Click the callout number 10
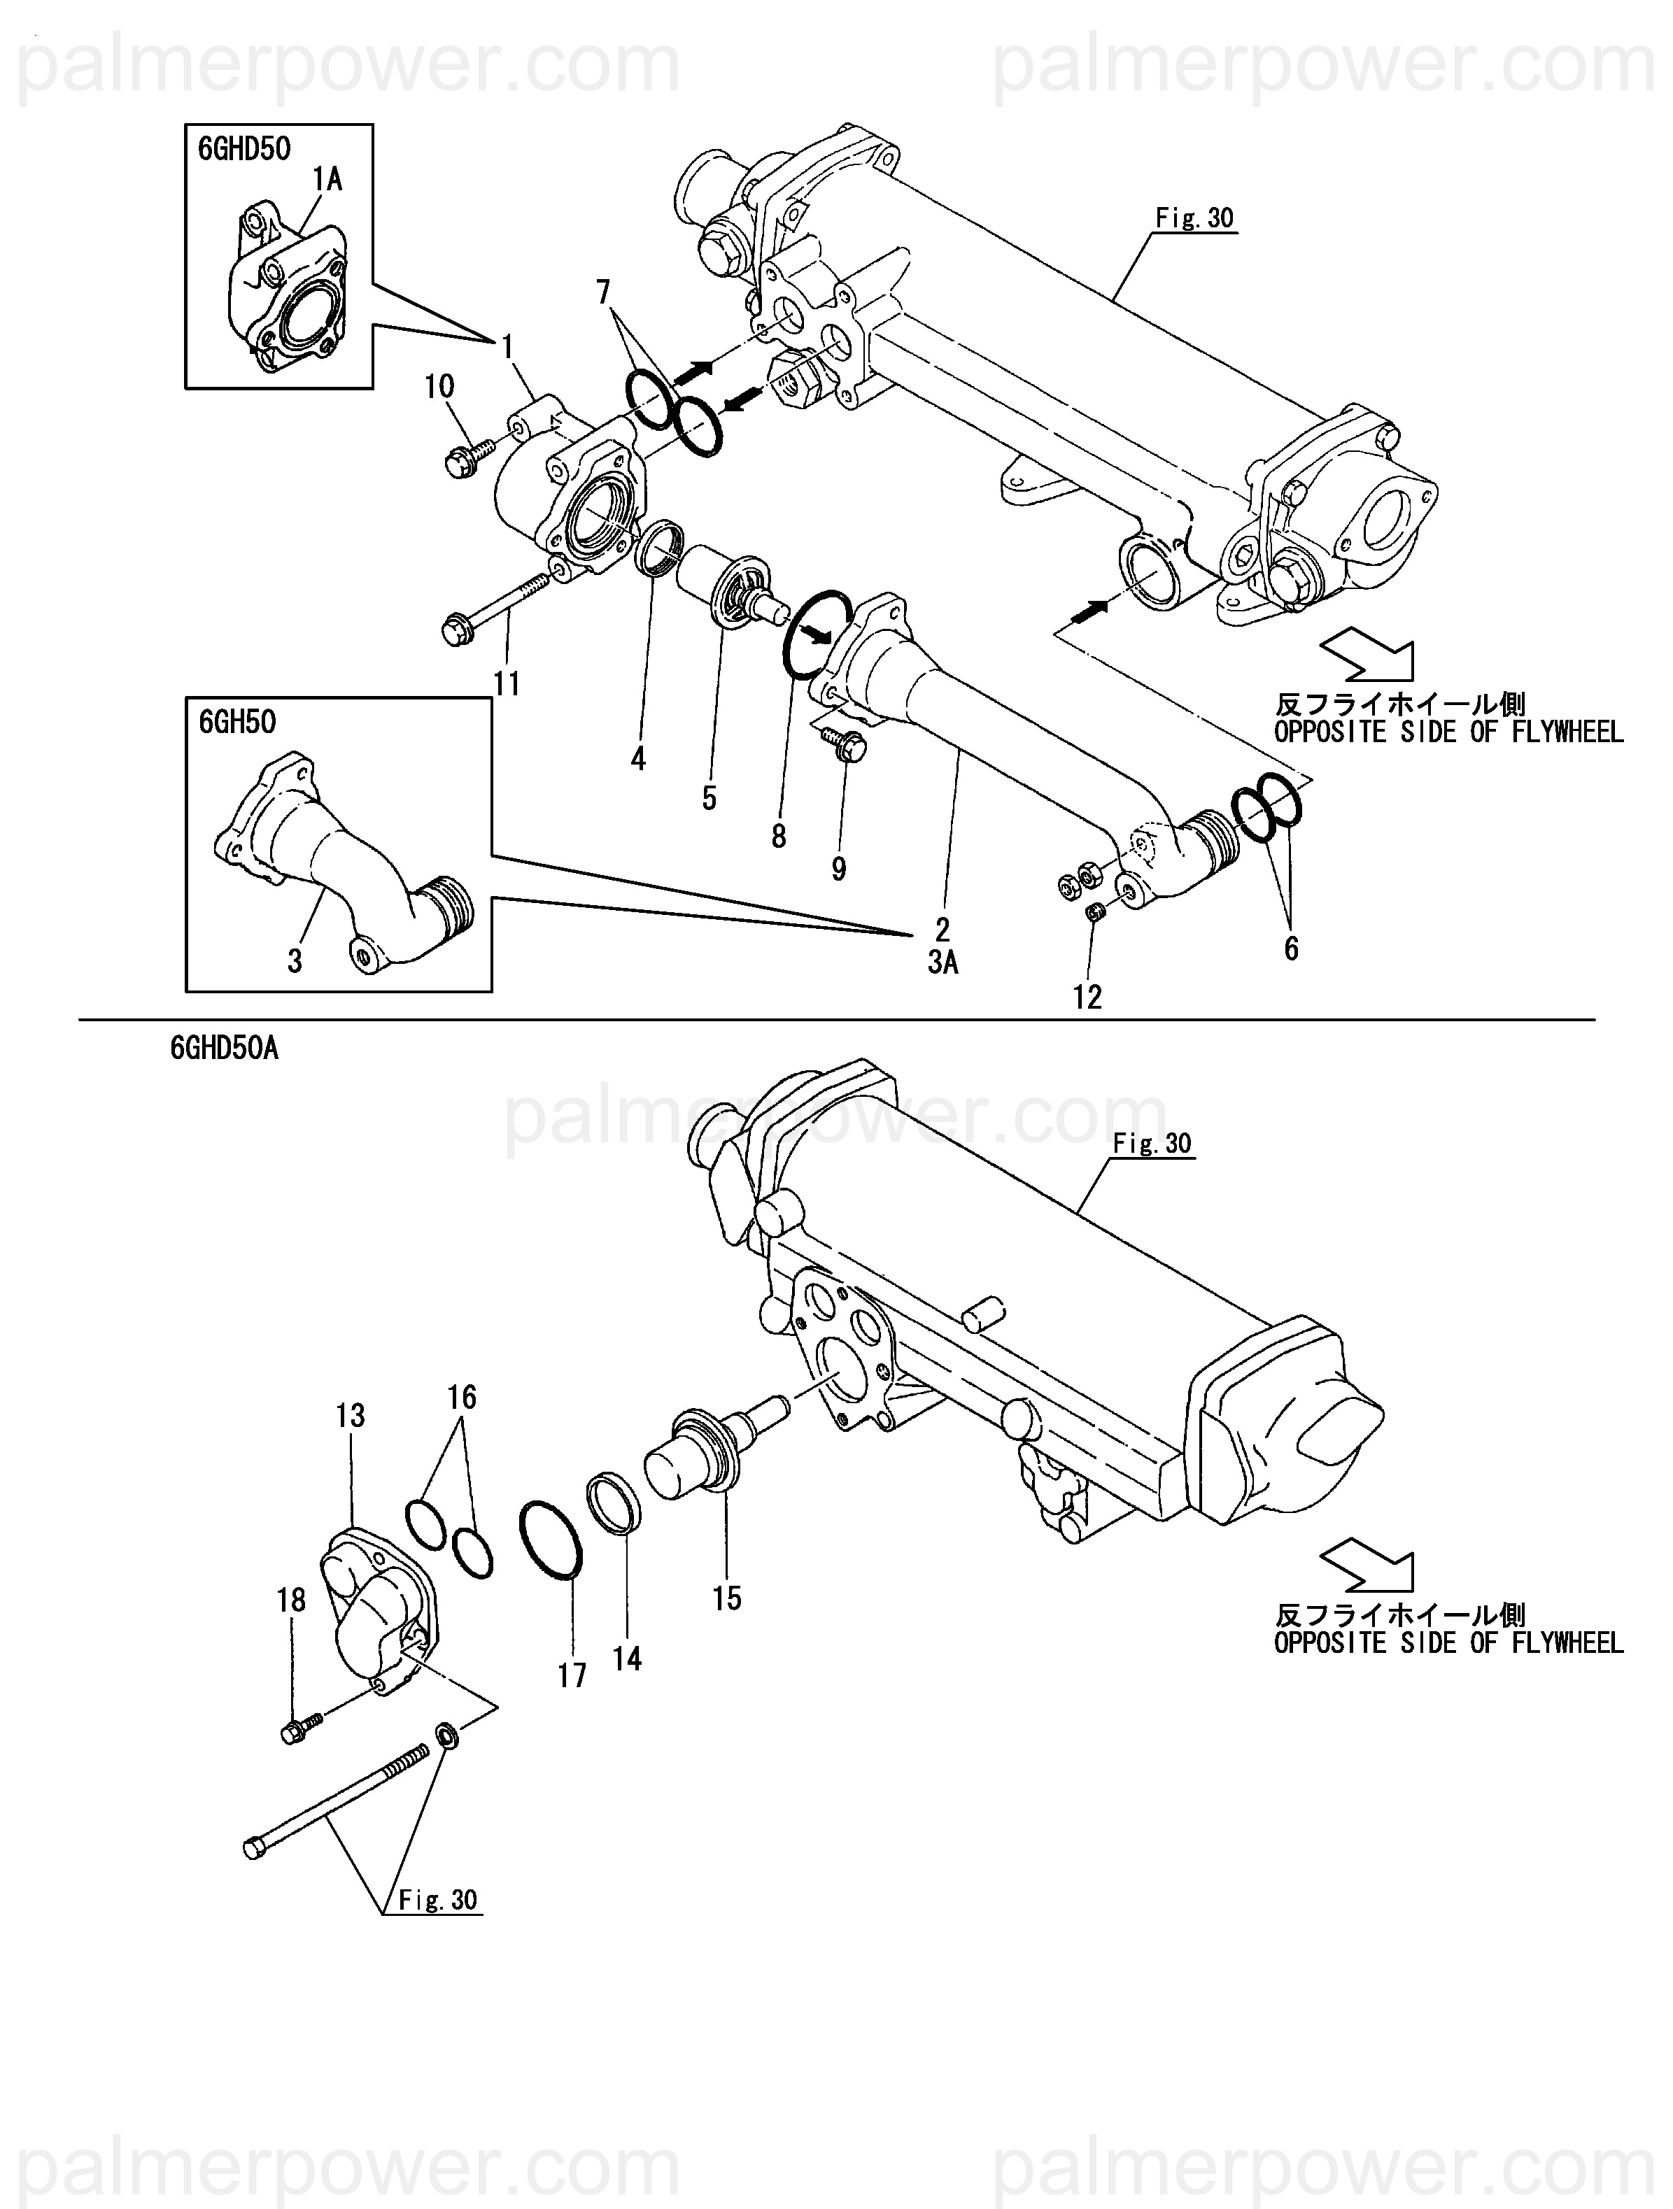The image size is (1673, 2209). point(439,387)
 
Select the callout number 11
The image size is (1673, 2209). point(507,684)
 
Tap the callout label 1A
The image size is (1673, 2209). point(327,179)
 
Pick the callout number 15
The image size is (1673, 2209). point(727,1598)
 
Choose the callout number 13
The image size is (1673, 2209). point(351,1415)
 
